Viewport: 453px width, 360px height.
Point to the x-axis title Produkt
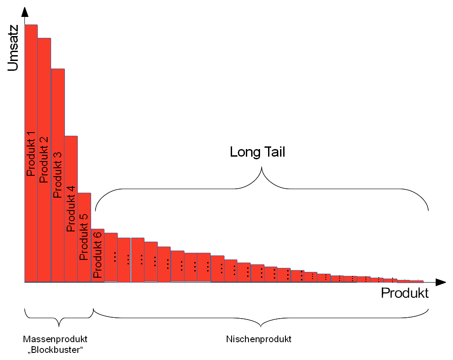(x=405, y=294)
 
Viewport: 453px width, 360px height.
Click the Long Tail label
(x=257, y=152)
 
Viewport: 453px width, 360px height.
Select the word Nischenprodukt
(x=259, y=339)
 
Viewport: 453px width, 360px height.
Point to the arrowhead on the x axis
(x=441, y=282)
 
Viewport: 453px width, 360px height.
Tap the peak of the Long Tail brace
(x=262, y=168)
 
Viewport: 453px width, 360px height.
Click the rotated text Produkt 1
(x=31, y=154)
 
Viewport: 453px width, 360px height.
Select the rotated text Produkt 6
(x=98, y=254)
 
